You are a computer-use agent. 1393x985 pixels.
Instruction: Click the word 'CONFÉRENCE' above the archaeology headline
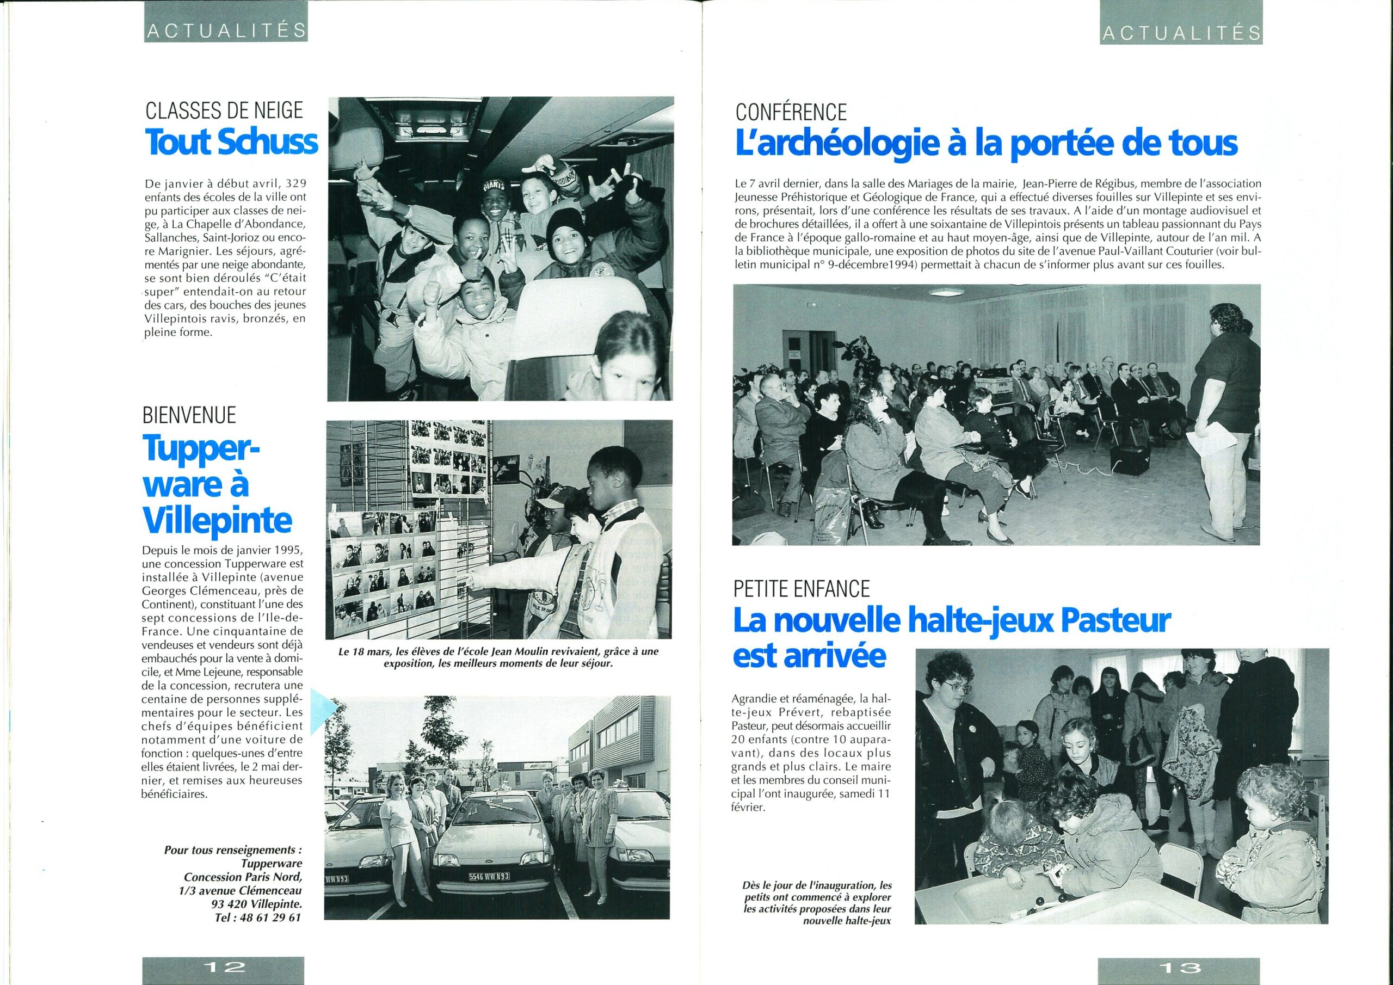click(791, 112)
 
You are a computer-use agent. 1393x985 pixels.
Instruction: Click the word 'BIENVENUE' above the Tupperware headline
click(189, 415)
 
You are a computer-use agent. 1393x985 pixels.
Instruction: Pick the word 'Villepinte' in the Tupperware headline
click(217, 520)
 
